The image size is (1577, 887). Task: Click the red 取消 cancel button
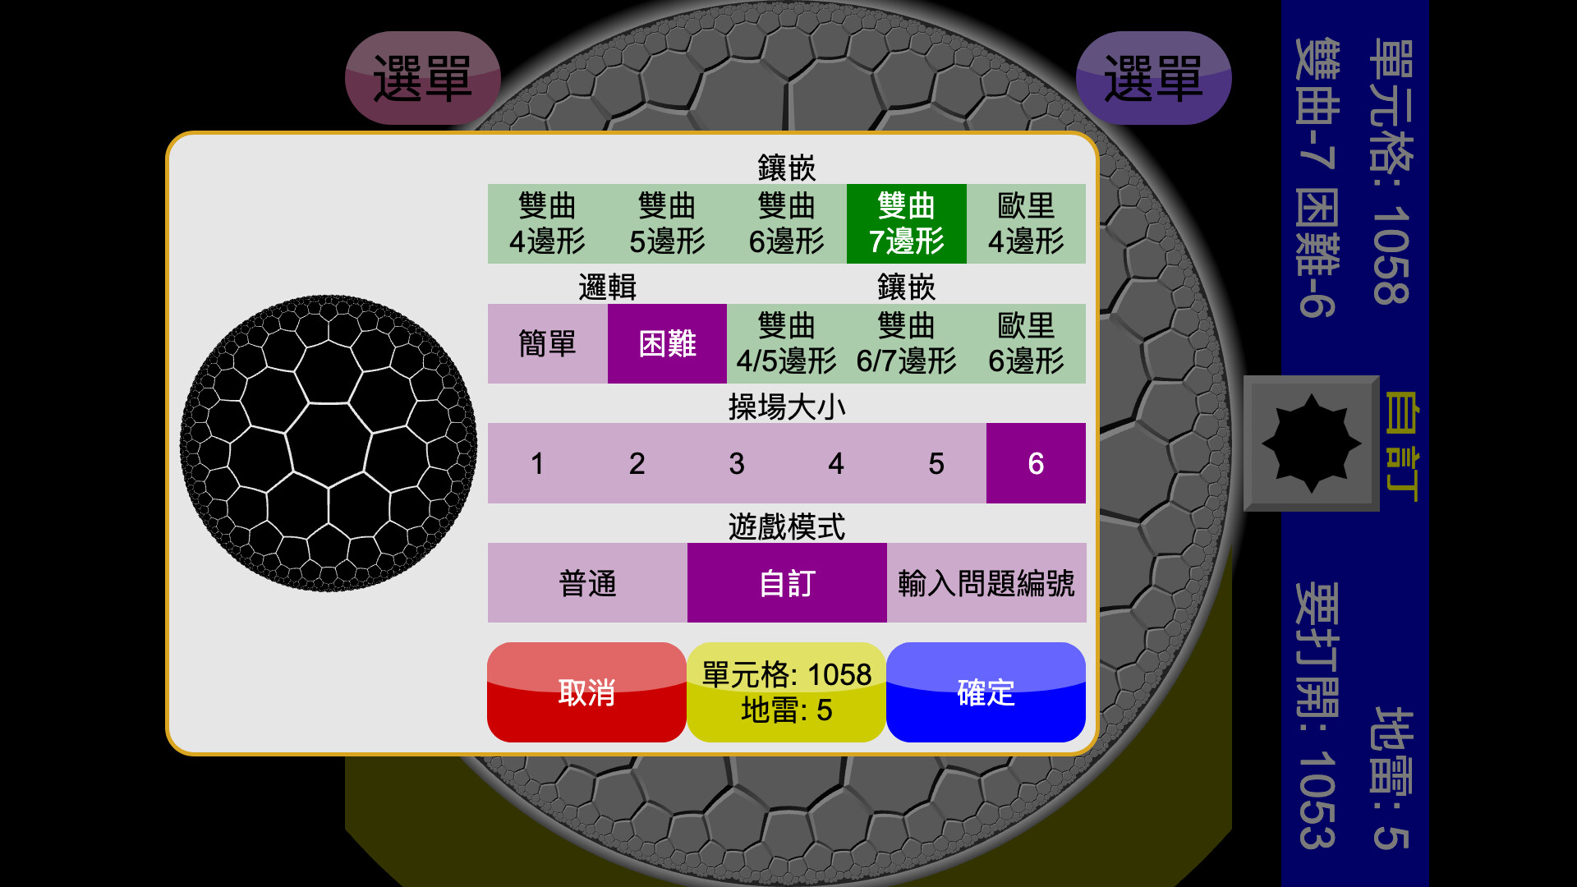(586, 692)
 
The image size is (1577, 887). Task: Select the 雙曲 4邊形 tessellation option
(547, 223)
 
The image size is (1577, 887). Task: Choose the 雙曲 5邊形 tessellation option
(667, 223)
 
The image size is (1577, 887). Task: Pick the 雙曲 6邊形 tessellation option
(787, 223)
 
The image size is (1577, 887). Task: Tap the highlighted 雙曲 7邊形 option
(907, 223)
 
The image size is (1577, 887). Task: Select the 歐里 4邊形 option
(1026, 223)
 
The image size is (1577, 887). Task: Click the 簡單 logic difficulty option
(547, 343)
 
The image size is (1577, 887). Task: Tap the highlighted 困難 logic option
(667, 343)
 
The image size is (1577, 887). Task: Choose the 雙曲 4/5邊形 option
(787, 343)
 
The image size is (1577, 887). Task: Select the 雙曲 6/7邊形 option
(907, 343)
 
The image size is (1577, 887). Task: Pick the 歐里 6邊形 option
(1026, 343)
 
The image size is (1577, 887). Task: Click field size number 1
(537, 463)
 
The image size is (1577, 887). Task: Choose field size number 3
(737, 463)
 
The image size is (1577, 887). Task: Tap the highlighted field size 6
(1036, 463)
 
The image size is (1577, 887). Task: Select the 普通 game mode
(587, 583)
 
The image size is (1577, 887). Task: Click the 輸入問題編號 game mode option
(986, 583)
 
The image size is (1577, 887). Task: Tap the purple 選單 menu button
(1153, 78)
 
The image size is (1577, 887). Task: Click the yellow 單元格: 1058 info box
(786, 692)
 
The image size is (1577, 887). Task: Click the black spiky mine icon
(1312, 443)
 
